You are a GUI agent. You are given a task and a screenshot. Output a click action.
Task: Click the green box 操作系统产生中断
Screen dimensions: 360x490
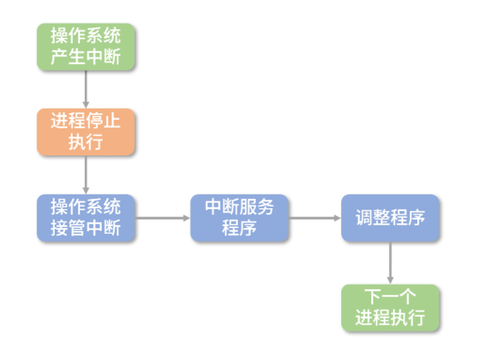point(85,47)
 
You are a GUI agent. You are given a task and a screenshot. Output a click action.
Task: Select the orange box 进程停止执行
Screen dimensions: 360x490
point(85,131)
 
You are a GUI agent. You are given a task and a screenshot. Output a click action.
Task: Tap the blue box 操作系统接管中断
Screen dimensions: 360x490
point(85,217)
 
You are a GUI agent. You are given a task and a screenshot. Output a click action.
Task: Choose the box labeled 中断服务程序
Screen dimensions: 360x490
point(239,217)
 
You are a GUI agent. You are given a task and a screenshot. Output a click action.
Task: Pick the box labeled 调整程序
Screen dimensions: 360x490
point(390,217)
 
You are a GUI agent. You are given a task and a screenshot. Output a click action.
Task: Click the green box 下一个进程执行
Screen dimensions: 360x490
point(390,307)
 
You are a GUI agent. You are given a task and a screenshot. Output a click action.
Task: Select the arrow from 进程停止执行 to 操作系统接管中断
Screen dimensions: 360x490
point(85,174)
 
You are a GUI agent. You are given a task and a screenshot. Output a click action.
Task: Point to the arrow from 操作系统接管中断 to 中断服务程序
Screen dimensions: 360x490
point(162,217)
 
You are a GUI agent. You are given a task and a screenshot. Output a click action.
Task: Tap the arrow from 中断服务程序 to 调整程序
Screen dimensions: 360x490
point(315,217)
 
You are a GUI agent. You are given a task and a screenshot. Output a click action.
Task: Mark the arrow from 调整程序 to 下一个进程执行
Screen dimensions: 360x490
point(390,262)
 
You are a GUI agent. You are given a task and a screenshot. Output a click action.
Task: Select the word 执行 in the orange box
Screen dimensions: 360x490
point(85,142)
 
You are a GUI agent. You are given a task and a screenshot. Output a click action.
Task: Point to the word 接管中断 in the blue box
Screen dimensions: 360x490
point(85,228)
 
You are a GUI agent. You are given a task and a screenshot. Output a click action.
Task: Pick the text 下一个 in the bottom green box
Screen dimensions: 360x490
point(390,297)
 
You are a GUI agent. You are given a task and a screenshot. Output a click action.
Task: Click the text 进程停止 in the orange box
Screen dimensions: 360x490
point(85,120)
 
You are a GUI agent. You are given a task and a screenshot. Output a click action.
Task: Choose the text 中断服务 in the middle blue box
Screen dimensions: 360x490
point(239,207)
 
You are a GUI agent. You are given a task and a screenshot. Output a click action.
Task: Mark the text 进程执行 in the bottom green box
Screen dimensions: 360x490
point(390,318)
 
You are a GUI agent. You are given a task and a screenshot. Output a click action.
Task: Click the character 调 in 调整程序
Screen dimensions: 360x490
point(365,217)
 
